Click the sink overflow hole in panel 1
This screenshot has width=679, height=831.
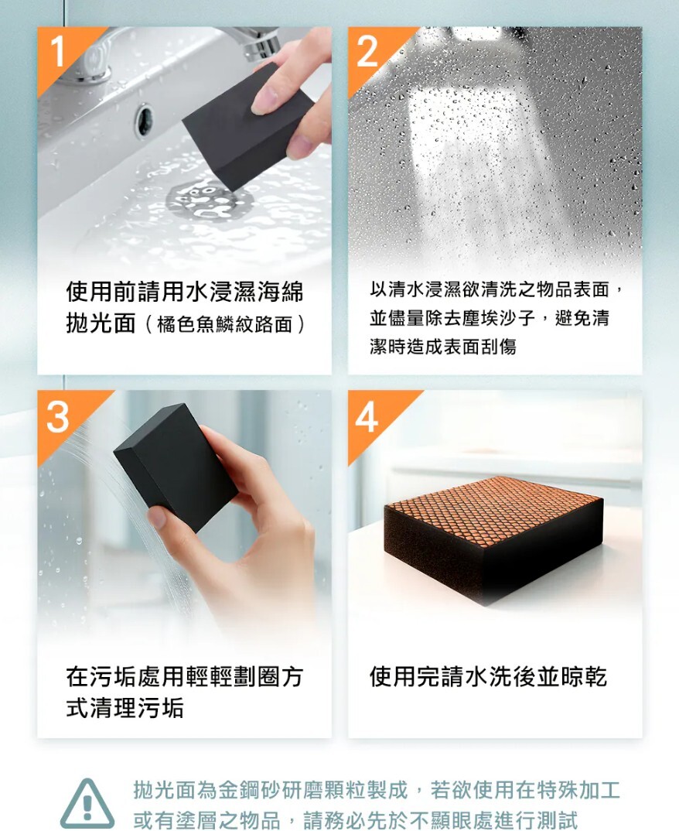144,120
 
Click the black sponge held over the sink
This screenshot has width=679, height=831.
247,126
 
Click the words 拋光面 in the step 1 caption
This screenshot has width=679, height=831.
101,323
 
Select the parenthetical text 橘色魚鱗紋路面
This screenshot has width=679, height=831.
224,324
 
